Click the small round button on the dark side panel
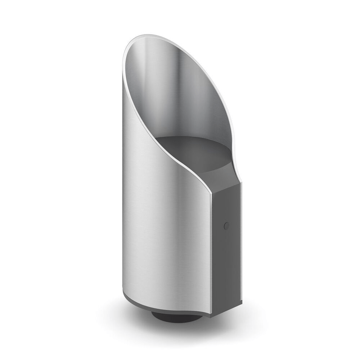[x=226, y=226]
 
